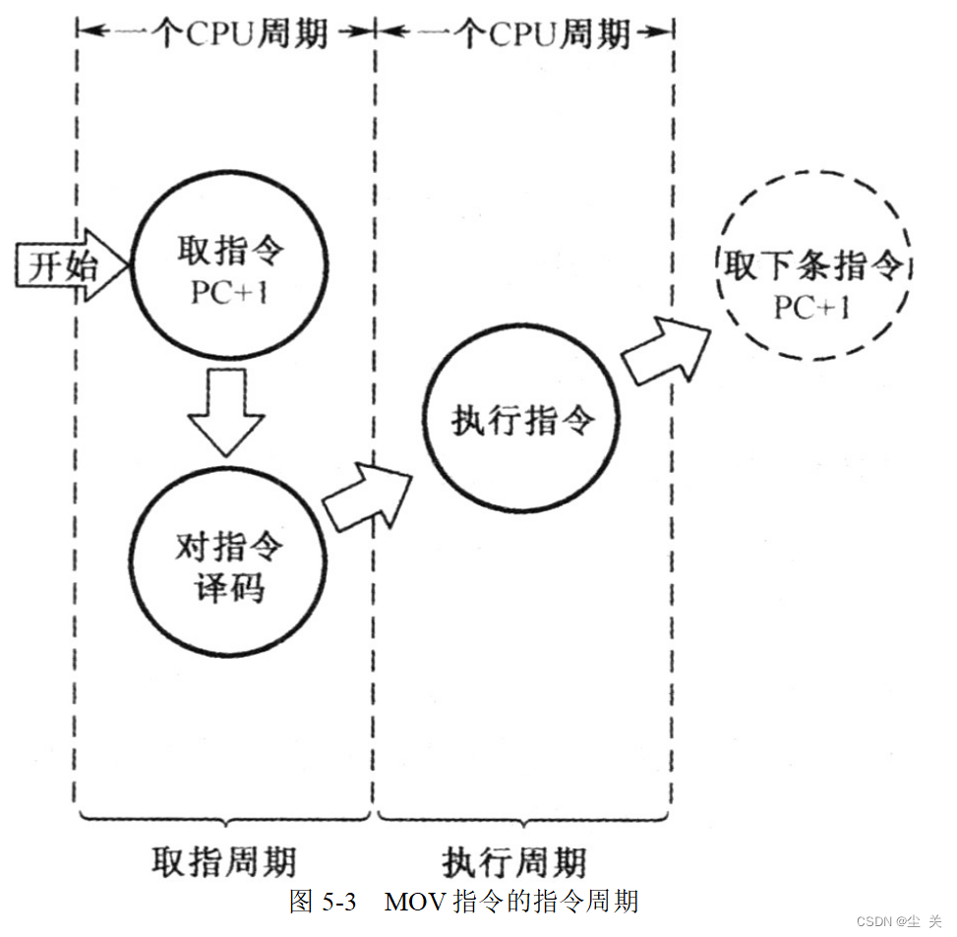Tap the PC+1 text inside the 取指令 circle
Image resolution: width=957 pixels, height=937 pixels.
(x=229, y=293)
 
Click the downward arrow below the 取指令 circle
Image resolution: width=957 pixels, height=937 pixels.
(x=225, y=411)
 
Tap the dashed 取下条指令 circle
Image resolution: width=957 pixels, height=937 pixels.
(x=812, y=281)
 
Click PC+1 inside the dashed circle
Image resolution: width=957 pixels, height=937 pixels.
(x=812, y=308)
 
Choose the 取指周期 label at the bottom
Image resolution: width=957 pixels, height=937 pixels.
(x=223, y=860)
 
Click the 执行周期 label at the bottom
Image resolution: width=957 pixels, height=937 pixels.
(x=514, y=860)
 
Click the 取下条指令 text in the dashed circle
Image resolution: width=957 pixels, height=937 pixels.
(x=812, y=265)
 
